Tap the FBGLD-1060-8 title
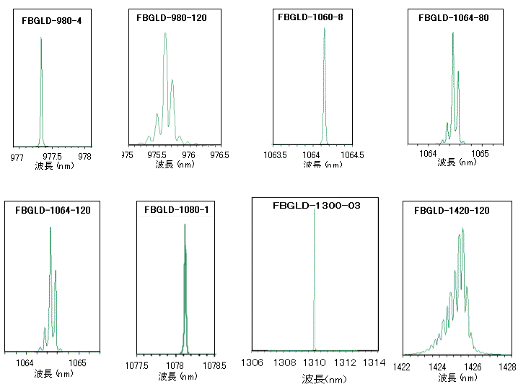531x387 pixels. point(310,17)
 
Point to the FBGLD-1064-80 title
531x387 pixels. point(453,17)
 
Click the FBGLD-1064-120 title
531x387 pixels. point(53,210)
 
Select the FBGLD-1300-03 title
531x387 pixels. point(316,206)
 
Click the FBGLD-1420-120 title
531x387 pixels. point(452,211)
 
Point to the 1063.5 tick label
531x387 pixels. point(277,155)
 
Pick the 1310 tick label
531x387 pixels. point(315,362)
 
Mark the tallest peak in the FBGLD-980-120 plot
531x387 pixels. point(165,34)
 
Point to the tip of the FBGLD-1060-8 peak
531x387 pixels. point(324,28)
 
